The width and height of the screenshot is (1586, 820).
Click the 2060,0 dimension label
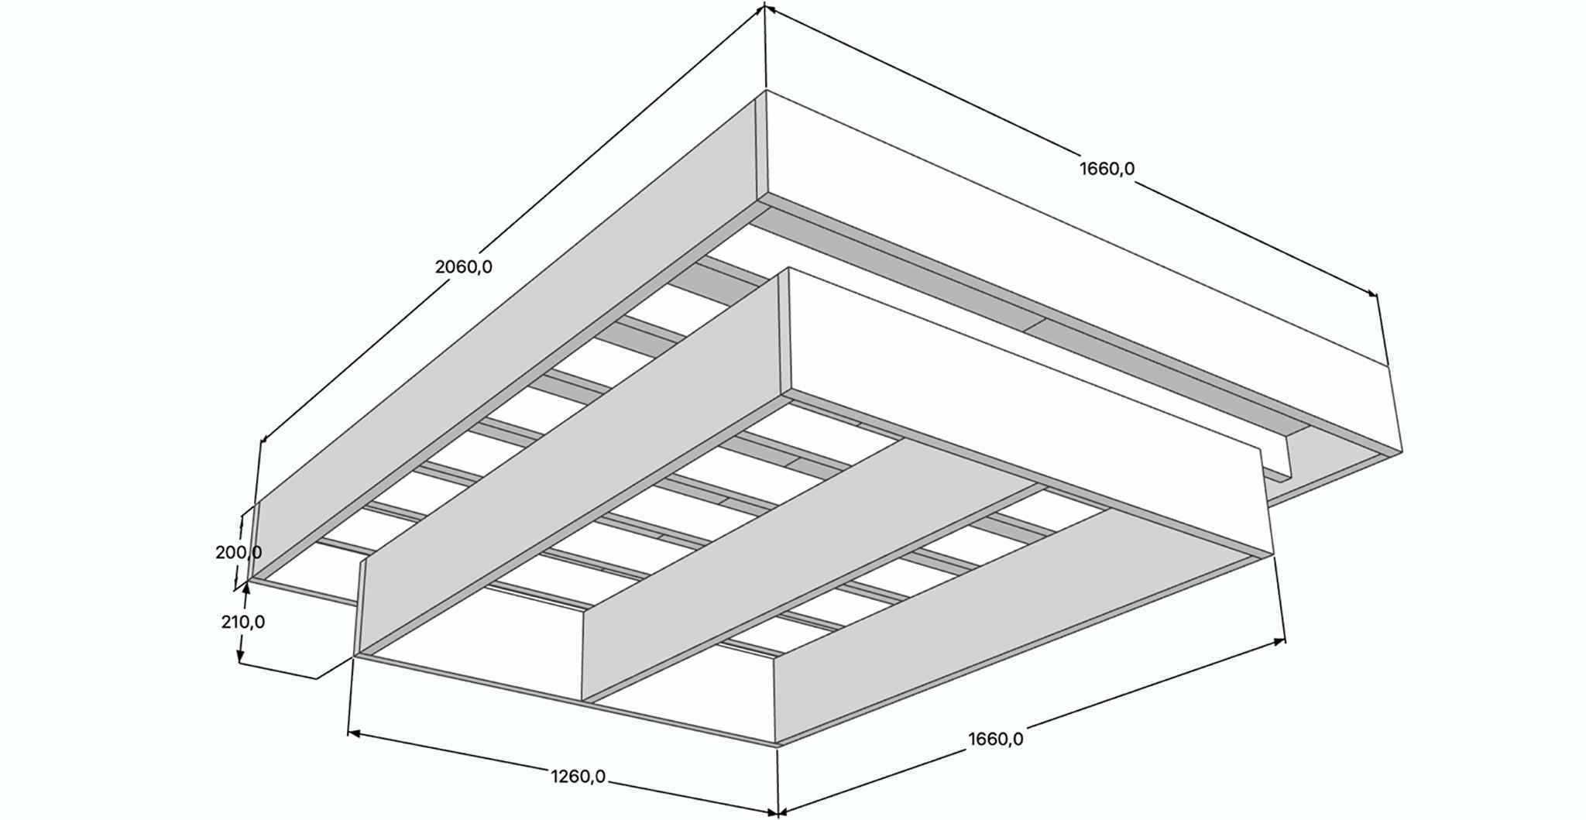click(x=463, y=267)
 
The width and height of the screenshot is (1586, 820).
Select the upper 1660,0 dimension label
click(x=1107, y=168)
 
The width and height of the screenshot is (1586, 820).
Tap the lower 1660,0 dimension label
click(x=995, y=739)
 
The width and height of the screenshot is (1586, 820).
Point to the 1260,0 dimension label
click(x=578, y=776)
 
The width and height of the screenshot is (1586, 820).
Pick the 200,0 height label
click(x=238, y=553)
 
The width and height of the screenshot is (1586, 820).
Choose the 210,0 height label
click(x=242, y=622)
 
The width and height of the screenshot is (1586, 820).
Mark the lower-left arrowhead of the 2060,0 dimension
click(x=264, y=439)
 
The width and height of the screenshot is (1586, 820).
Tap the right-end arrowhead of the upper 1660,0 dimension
click(x=1373, y=294)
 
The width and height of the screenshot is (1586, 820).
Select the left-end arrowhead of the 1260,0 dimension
click(x=352, y=732)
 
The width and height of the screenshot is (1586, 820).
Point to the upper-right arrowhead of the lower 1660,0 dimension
click(x=1280, y=640)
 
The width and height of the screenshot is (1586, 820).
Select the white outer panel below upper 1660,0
click(x=1084, y=271)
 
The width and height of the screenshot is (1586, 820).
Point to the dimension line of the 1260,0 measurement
click(x=465, y=755)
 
